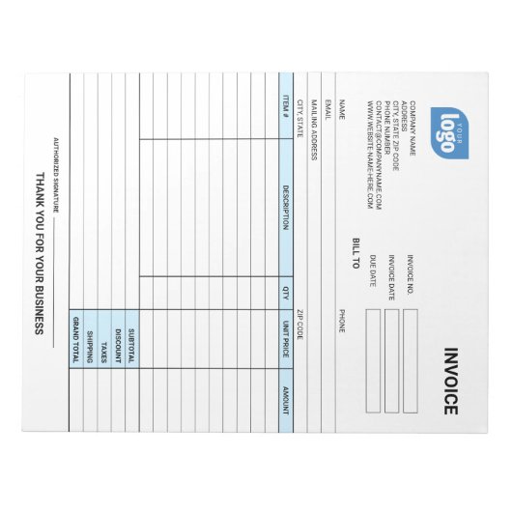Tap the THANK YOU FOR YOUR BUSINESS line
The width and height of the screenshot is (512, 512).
point(40,255)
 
